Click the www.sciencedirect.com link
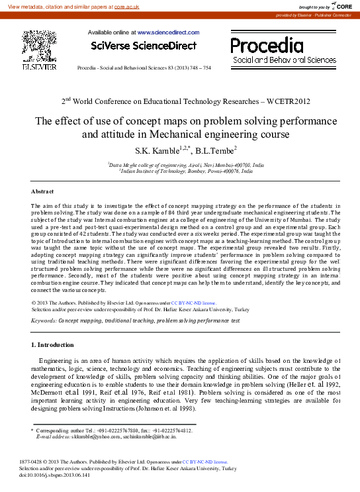[x=168, y=32]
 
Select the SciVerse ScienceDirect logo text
[x=144, y=46]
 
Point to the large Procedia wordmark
[x=267, y=45]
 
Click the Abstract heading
[x=43, y=191]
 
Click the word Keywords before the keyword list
[x=44, y=320]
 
